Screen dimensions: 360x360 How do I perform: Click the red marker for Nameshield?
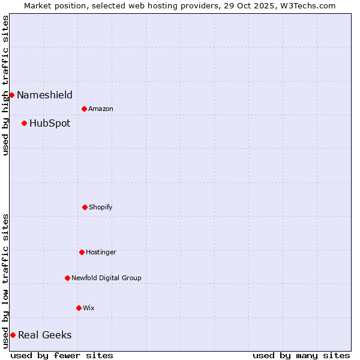tap(11, 95)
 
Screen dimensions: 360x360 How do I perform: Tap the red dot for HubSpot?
tap(24, 124)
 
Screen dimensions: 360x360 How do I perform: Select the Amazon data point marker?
tap(84, 109)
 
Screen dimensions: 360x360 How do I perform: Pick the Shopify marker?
tap(85, 207)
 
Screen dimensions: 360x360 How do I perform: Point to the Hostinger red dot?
tap(82, 252)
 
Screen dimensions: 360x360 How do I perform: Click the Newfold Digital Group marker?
tap(67, 278)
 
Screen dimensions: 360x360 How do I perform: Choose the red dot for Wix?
tap(79, 308)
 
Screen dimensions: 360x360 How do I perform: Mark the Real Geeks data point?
tap(13, 335)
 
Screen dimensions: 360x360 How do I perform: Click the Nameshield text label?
tap(44, 95)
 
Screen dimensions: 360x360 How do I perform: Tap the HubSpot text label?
tap(50, 124)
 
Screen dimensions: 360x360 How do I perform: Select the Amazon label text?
tap(101, 109)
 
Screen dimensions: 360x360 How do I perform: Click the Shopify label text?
tap(101, 207)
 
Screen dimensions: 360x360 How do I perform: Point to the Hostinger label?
tap(101, 252)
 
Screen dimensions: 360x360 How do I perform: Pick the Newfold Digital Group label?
tap(106, 278)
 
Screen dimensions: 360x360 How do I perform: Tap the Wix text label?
tap(89, 308)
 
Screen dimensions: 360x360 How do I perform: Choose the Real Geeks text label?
tap(45, 335)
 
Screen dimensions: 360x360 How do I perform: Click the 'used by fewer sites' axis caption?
tap(62, 355)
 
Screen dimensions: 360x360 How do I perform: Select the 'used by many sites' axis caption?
tap(301, 355)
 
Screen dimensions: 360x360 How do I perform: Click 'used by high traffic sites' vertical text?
tap(5, 85)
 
